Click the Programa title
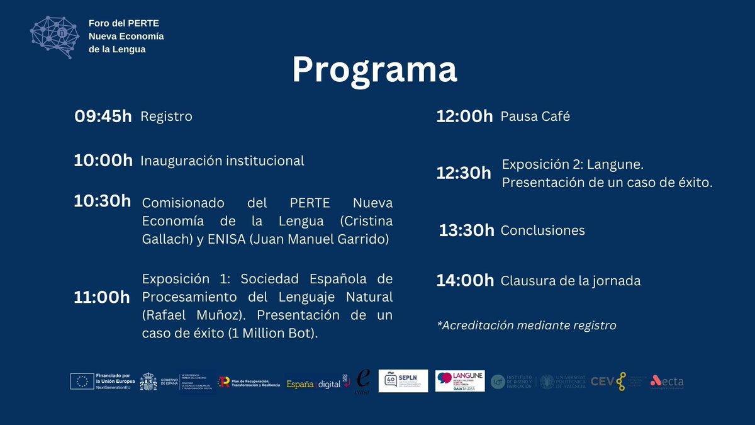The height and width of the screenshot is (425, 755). (374, 71)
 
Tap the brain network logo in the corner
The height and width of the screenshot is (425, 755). (56, 36)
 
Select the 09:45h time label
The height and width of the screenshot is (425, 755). (103, 116)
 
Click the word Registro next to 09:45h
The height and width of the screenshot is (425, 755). (166, 116)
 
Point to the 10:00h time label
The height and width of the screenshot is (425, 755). (103, 161)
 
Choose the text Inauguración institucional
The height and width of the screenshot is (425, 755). (222, 161)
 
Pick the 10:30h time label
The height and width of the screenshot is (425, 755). (103, 201)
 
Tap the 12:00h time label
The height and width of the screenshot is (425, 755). (464, 116)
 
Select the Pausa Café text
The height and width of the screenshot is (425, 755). (535, 116)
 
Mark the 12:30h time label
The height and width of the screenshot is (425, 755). (464, 173)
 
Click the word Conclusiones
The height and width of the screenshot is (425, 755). (542, 230)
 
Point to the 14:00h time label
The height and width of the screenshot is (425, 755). (465, 281)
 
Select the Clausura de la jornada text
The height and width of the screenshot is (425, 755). (570, 281)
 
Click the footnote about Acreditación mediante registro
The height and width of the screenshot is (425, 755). (526, 326)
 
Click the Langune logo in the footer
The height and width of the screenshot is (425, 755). (459, 381)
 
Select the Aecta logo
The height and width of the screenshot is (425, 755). (666, 381)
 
